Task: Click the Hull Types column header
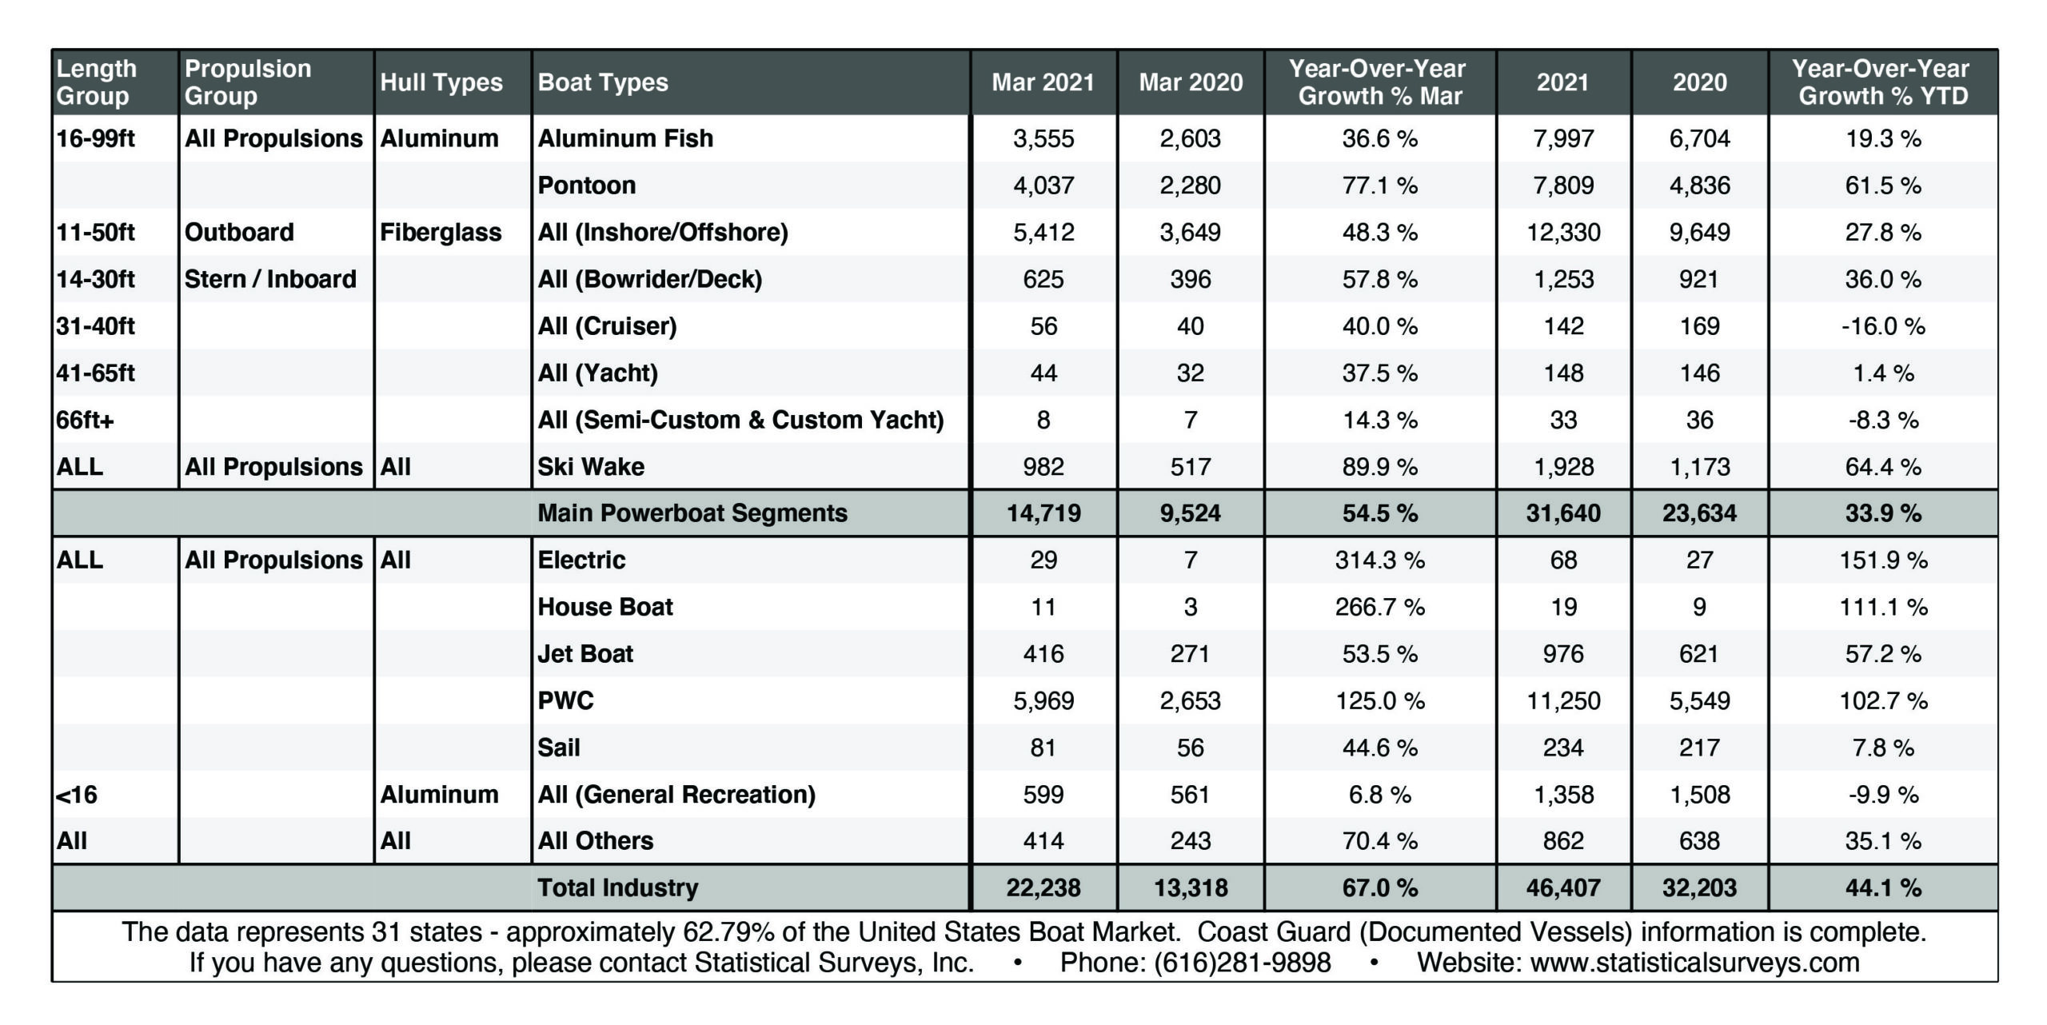pyautogui.click(x=441, y=82)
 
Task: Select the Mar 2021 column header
pyautogui.click(x=1043, y=82)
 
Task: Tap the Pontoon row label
pyautogui.click(x=586, y=185)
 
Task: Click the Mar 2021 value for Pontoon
pyautogui.click(x=1043, y=185)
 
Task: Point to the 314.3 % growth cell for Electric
pyautogui.click(x=1379, y=560)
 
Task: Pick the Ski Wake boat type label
pyautogui.click(x=590, y=467)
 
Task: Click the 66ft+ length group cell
pyautogui.click(x=85, y=420)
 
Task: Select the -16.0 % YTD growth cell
pyautogui.click(x=1882, y=326)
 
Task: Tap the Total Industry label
pyautogui.click(x=617, y=887)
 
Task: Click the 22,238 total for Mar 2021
pyautogui.click(x=1043, y=887)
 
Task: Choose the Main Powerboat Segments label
pyautogui.click(x=692, y=513)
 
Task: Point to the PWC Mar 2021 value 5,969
pyautogui.click(x=1043, y=701)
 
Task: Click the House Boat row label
pyautogui.click(x=605, y=607)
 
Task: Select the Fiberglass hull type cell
pyautogui.click(x=441, y=233)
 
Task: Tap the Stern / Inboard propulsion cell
pyautogui.click(x=270, y=279)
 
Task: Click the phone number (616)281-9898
pyautogui.click(x=1242, y=963)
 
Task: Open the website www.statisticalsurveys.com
pyautogui.click(x=1694, y=963)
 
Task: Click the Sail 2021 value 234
pyautogui.click(x=1562, y=748)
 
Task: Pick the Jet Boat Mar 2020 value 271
pyautogui.click(x=1190, y=654)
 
